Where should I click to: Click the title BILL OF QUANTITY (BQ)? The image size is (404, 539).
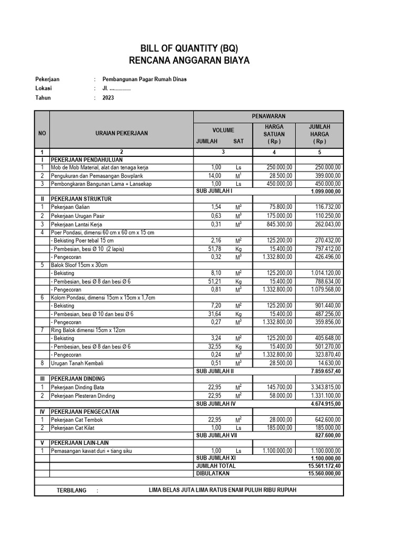189,48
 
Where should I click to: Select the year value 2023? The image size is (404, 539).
108,98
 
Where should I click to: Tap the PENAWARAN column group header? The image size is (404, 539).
268,116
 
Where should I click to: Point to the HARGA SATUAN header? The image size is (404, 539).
274,134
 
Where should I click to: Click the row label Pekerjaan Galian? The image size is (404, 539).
70,208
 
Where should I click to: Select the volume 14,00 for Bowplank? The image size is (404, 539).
215,175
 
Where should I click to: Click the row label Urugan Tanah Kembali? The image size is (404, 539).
77,363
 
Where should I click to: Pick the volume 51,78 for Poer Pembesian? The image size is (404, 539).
215,248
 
